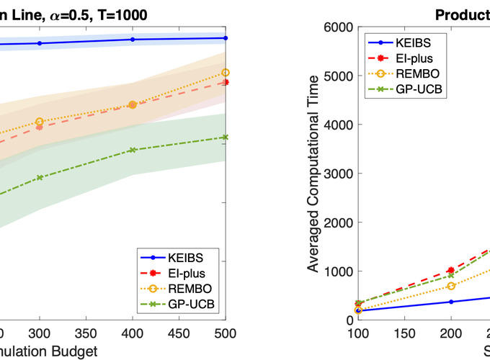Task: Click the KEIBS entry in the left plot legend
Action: click(187, 258)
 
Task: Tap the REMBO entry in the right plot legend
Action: click(418, 73)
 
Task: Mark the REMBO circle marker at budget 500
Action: click(226, 73)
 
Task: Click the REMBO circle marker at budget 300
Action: click(39, 122)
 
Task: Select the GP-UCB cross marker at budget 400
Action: click(133, 150)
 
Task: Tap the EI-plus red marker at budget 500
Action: click(226, 82)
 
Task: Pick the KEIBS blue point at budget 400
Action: click(133, 40)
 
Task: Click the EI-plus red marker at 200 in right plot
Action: click(451, 270)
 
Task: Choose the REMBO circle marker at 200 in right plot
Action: click(451, 286)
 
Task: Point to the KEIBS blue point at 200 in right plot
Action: click(451, 302)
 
